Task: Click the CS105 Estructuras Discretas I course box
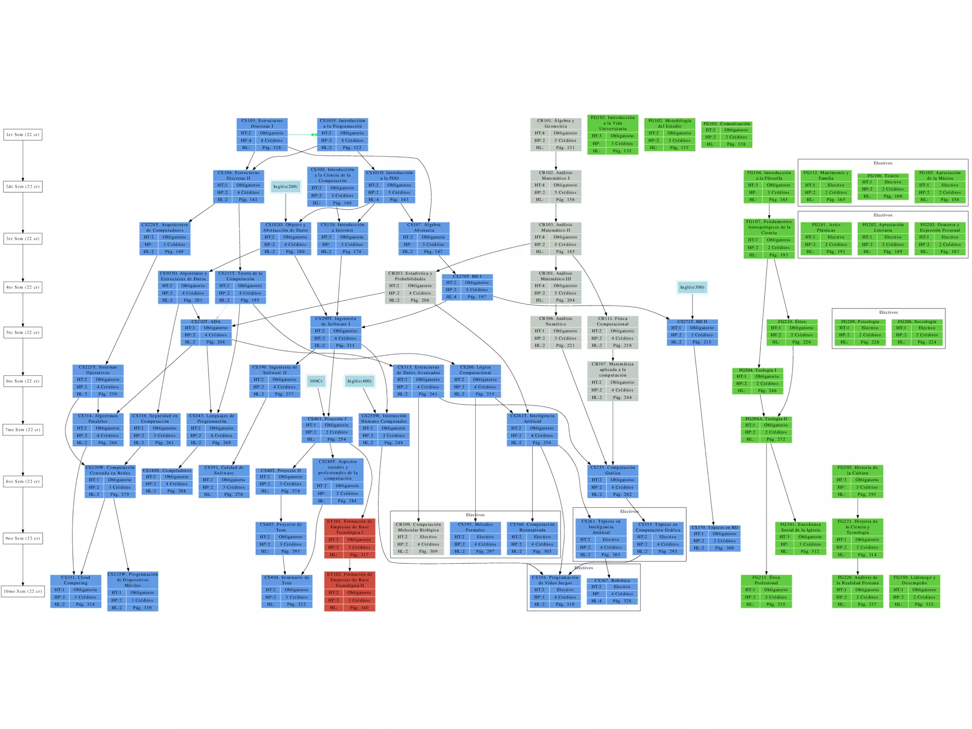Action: [x=262, y=135]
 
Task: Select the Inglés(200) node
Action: [x=285, y=187]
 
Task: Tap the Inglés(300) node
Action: [x=692, y=287]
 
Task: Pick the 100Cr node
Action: [x=316, y=381]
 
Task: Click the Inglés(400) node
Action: [x=359, y=381]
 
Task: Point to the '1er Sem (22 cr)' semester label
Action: [x=23, y=135]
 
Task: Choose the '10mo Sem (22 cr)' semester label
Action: [x=23, y=591]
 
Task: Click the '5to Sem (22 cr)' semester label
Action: [x=23, y=332]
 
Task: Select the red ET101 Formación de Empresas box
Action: [x=350, y=538]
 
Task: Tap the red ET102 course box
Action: [x=350, y=591]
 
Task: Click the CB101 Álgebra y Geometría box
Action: [x=555, y=135]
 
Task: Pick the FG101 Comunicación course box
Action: [x=727, y=134]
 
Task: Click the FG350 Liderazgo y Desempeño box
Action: [x=914, y=591]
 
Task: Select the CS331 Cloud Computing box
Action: [x=76, y=591]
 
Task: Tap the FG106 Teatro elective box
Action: [x=883, y=186]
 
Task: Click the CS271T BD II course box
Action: [x=692, y=332]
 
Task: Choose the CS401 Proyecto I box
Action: [x=327, y=430]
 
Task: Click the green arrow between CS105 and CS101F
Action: [x=302, y=135]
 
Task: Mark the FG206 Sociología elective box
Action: [x=917, y=332]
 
